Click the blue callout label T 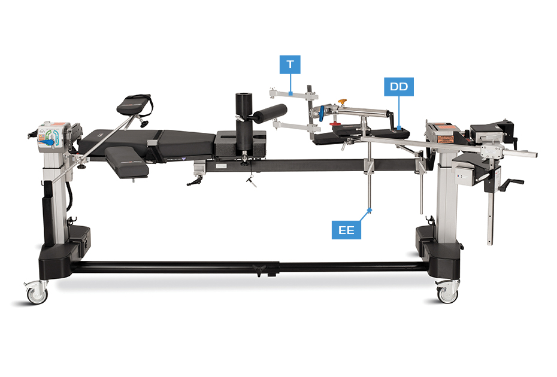pos(290,64)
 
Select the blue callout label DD pos(398,87)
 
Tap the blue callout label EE pos(346,230)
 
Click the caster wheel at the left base pos(37,294)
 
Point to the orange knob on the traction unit pos(342,102)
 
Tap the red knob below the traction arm pos(335,123)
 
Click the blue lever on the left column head pos(46,142)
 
